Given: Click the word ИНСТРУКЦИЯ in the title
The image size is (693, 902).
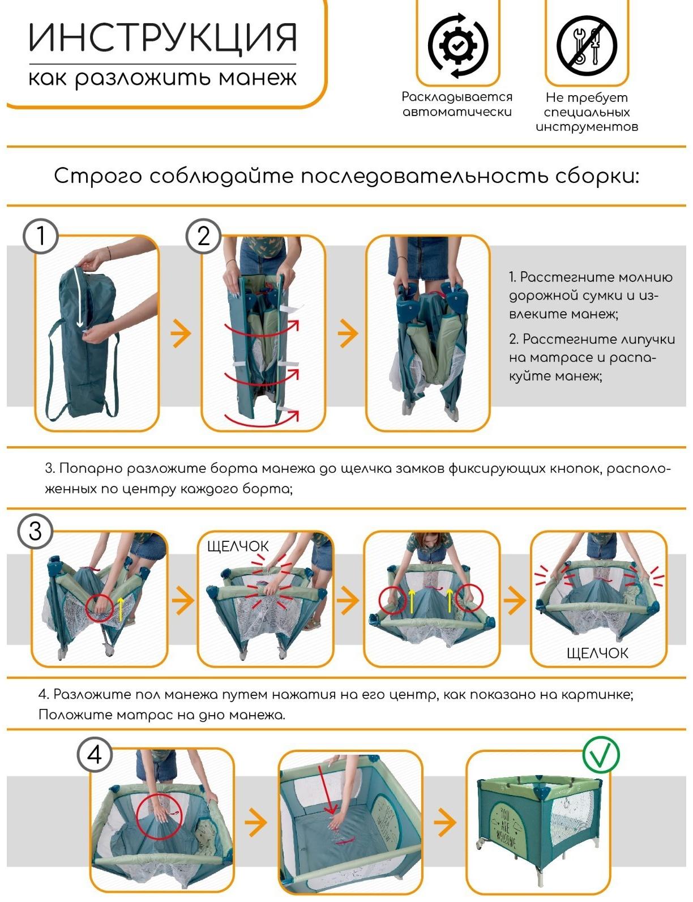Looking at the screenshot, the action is tap(162, 38).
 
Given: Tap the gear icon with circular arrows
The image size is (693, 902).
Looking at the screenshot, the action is tap(457, 46).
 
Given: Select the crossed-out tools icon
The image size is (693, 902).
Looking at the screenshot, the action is tap(587, 46).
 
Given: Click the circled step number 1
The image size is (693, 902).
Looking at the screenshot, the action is tap(40, 236).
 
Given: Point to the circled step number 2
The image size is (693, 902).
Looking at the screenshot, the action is tap(203, 236).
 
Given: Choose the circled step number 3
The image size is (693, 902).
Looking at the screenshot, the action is tap(35, 532).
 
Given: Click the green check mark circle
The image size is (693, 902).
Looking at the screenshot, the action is tap(601, 754).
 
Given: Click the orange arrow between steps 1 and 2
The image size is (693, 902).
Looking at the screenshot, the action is tap(181, 333).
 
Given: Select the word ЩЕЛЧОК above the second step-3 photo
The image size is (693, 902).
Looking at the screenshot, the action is tap(238, 546).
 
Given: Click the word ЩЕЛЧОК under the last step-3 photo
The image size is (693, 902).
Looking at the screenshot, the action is tap(597, 653).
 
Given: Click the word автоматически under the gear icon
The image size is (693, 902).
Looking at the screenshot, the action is tap(457, 112).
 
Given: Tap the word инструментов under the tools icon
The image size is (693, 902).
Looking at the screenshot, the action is tap(587, 127).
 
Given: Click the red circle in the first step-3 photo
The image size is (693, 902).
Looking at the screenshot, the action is tap(100, 608).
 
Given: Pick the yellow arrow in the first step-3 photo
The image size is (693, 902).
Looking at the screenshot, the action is tap(121, 609).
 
